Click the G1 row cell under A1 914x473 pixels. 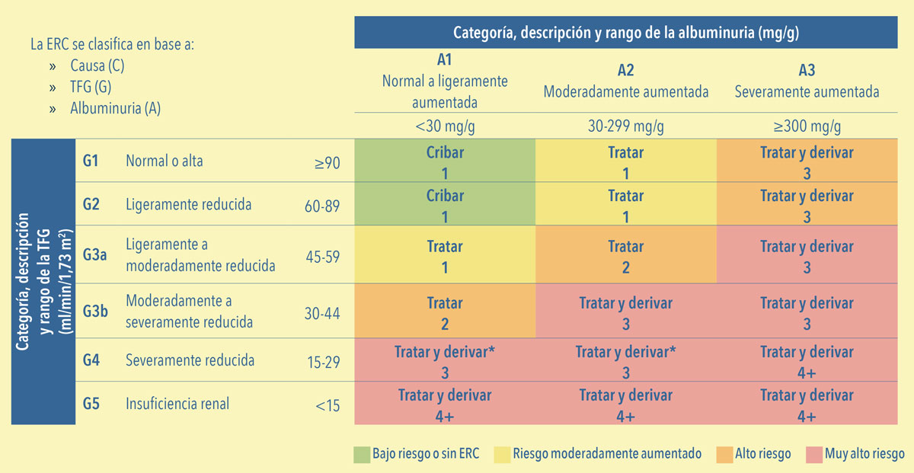coord(445,161)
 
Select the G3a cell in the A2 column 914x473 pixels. coord(626,254)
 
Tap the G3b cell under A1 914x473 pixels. coord(445,311)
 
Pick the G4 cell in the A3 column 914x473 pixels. coord(807,360)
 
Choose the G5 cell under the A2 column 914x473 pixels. coord(626,403)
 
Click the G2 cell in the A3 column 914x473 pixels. coord(807,203)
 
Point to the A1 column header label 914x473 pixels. coord(444,60)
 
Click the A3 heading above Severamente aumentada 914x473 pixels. coord(807,70)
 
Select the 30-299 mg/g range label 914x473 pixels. coord(626,126)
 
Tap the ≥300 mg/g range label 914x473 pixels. coord(807,126)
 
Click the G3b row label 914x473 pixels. coord(95,312)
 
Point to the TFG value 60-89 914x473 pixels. coord(322,206)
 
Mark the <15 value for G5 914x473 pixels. coord(328,406)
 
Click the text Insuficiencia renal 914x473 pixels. coord(177,404)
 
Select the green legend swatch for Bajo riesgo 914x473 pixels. coord(362,454)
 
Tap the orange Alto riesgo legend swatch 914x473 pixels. coord(724,454)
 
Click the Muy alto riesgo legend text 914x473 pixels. coord(864,453)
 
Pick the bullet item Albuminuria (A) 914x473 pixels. coord(116,109)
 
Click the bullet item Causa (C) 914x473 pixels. coord(97,66)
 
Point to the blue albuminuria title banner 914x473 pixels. coord(626,32)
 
